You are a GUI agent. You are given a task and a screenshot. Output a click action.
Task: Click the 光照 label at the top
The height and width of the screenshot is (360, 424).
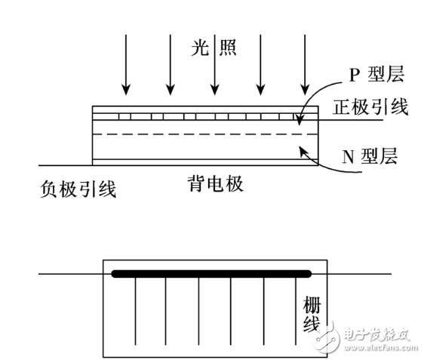(214, 48)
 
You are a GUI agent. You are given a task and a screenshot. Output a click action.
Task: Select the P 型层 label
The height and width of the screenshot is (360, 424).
(376, 74)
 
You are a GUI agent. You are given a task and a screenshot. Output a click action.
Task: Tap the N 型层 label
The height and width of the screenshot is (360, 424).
(370, 155)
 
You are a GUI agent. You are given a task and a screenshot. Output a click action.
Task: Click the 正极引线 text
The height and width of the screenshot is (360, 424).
(370, 107)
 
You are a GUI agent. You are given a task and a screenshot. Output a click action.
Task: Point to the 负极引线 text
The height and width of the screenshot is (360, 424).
(78, 189)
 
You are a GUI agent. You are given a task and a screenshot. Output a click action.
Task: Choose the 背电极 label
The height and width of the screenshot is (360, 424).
(215, 183)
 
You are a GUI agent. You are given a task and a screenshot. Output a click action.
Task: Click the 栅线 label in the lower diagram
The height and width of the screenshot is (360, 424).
(312, 314)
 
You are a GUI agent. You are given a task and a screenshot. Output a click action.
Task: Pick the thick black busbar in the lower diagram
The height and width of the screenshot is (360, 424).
(211, 274)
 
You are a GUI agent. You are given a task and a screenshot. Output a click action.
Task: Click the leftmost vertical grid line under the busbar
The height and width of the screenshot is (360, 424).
(135, 311)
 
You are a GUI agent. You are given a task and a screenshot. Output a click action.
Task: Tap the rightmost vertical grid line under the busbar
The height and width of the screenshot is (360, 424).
(296, 311)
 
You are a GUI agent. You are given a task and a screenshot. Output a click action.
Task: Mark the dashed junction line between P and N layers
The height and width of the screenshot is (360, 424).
(205, 134)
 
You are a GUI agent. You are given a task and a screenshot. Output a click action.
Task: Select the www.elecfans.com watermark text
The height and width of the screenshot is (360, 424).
(381, 347)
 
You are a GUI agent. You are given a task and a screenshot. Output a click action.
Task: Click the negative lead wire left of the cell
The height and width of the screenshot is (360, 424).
(66, 165)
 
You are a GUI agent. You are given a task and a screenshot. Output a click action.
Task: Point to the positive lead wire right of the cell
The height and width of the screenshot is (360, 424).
(351, 120)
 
